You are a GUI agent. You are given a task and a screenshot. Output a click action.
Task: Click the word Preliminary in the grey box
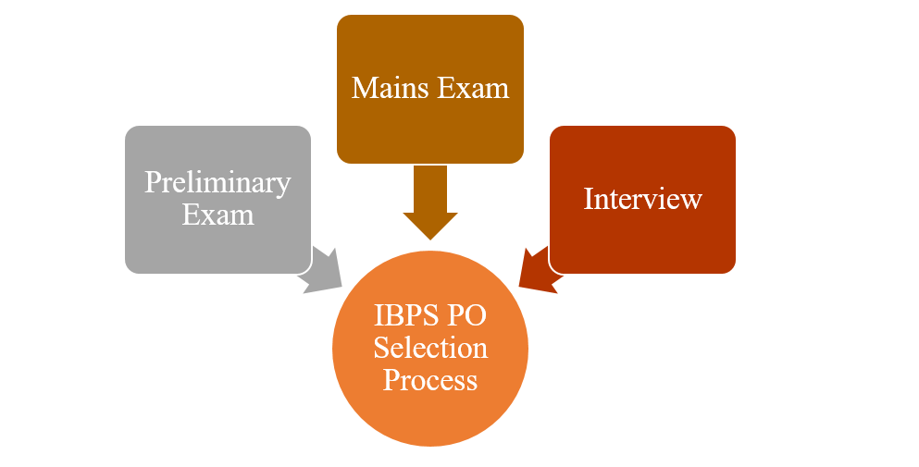[217, 182]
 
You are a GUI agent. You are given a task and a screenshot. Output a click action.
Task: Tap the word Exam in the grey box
[217, 215]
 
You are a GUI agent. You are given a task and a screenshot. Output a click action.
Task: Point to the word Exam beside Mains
[474, 88]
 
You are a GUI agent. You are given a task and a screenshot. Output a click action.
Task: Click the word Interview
[642, 198]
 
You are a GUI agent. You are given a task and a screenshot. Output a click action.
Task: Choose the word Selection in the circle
[430, 348]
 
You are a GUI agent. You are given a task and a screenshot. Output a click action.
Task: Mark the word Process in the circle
[430, 380]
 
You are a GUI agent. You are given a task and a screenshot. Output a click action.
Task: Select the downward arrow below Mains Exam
[430, 203]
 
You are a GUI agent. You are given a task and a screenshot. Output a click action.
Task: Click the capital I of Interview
[589, 198]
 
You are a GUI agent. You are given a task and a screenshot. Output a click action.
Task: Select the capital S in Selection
[379, 348]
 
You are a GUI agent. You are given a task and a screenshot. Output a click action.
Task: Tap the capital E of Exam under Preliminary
[191, 215]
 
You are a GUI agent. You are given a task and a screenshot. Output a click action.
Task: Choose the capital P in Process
[391, 380]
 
